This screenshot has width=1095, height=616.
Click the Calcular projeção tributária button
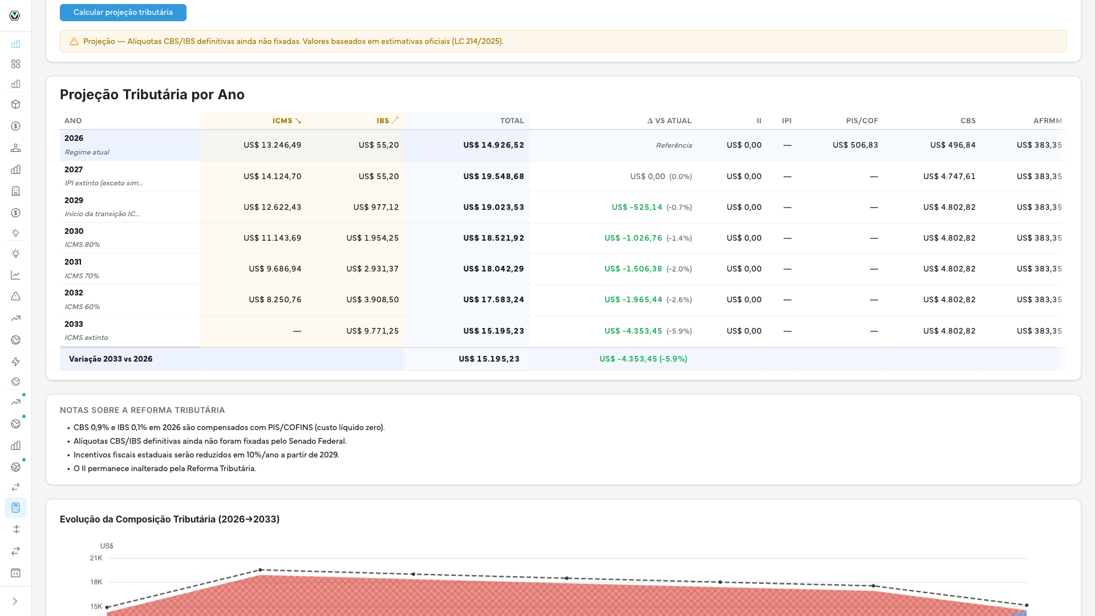click(123, 13)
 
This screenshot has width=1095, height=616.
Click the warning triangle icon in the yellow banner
click(74, 42)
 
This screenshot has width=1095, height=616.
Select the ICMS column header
click(287, 121)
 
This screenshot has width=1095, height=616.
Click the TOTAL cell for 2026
click(494, 145)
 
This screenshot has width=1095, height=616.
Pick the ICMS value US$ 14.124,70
click(273, 177)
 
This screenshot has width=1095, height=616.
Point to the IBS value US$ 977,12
click(376, 208)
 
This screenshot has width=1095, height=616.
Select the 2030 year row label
click(74, 232)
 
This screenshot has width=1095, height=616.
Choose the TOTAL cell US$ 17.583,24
click(494, 300)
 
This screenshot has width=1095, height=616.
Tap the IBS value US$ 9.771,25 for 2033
click(373, 331)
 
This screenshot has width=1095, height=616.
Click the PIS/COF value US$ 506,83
click(855, 145)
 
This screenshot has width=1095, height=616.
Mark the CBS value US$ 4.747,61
click(950, 177)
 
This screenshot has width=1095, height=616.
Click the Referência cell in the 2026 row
click(674, 145)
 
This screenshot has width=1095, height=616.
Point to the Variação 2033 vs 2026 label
click(111, 359)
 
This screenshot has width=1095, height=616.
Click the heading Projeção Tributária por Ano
click(152, 95)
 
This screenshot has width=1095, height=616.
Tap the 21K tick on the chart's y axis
click(96, 558)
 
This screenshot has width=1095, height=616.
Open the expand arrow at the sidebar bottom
click(15, 601)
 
